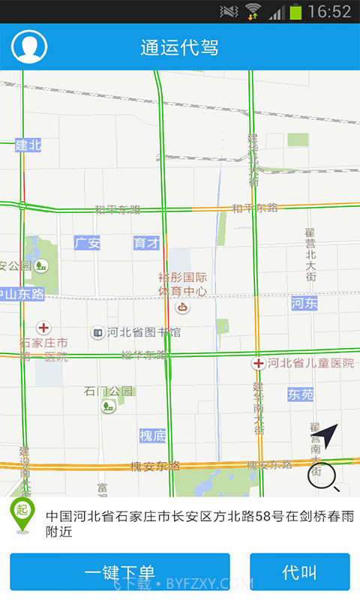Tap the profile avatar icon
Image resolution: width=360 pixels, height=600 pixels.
[29, 46]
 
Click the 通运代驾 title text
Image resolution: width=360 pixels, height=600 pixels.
[179, 48]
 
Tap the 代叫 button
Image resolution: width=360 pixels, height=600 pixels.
[299, 572]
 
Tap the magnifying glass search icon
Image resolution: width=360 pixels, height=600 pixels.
[322, 477]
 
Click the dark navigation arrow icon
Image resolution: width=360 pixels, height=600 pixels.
[329, 435]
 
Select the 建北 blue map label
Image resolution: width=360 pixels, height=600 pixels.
[28, 145]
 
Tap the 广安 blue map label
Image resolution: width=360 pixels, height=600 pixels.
[87, 243]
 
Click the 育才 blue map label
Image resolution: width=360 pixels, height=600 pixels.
[146, 243]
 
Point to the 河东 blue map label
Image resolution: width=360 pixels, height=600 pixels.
[304, 303]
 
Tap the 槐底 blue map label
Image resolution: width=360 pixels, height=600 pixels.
[152, 435]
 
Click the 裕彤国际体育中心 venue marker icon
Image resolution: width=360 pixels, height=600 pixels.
[182, 307]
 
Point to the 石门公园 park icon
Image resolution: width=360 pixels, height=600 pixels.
[109, 406]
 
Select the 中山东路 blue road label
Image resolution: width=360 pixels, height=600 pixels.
[22, 293]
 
